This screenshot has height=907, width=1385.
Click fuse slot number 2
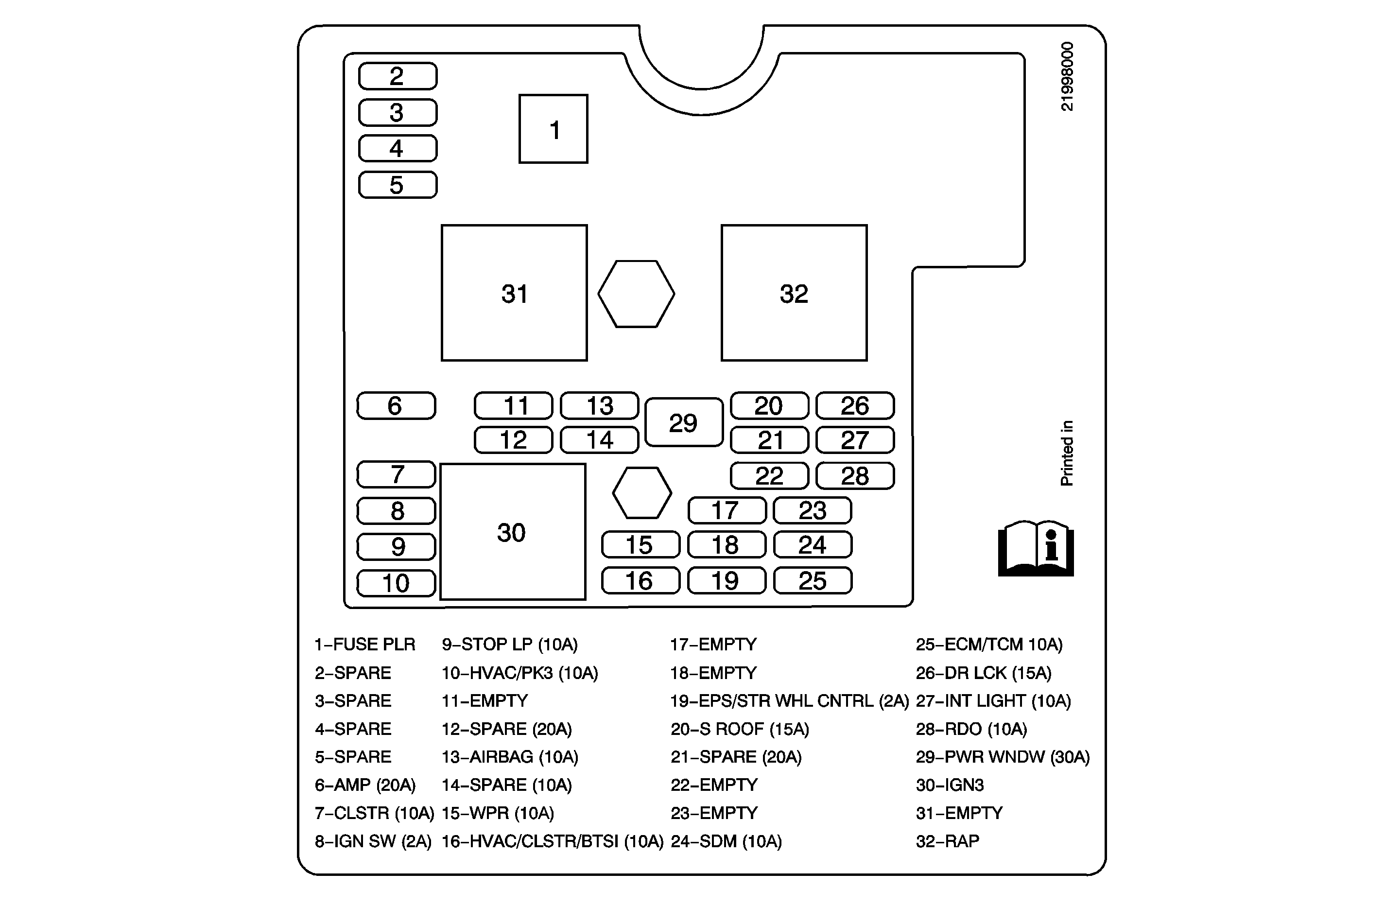click(398, 76)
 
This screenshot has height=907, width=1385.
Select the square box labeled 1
click(553, 129)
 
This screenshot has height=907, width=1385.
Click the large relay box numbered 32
click(794, 293)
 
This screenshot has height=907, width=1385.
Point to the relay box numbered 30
click(512, 531)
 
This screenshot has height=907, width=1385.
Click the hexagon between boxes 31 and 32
click(636, 294)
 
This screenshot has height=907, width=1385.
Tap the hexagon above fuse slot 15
click(642, 492)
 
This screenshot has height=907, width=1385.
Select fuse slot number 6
click(396, 406)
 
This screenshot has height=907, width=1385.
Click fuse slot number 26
click(855, 406)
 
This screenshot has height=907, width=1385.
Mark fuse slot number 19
click(726, 580)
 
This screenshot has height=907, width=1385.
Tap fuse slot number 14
click(599, 440)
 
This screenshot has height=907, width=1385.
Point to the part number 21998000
click(1067, 76)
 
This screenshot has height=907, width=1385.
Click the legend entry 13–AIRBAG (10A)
click(510, 757)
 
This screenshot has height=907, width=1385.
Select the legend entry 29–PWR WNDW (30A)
click(1002, 757)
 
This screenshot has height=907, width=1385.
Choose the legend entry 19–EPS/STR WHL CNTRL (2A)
click(789, 701)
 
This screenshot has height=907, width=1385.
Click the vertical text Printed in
click(1067, 453)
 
